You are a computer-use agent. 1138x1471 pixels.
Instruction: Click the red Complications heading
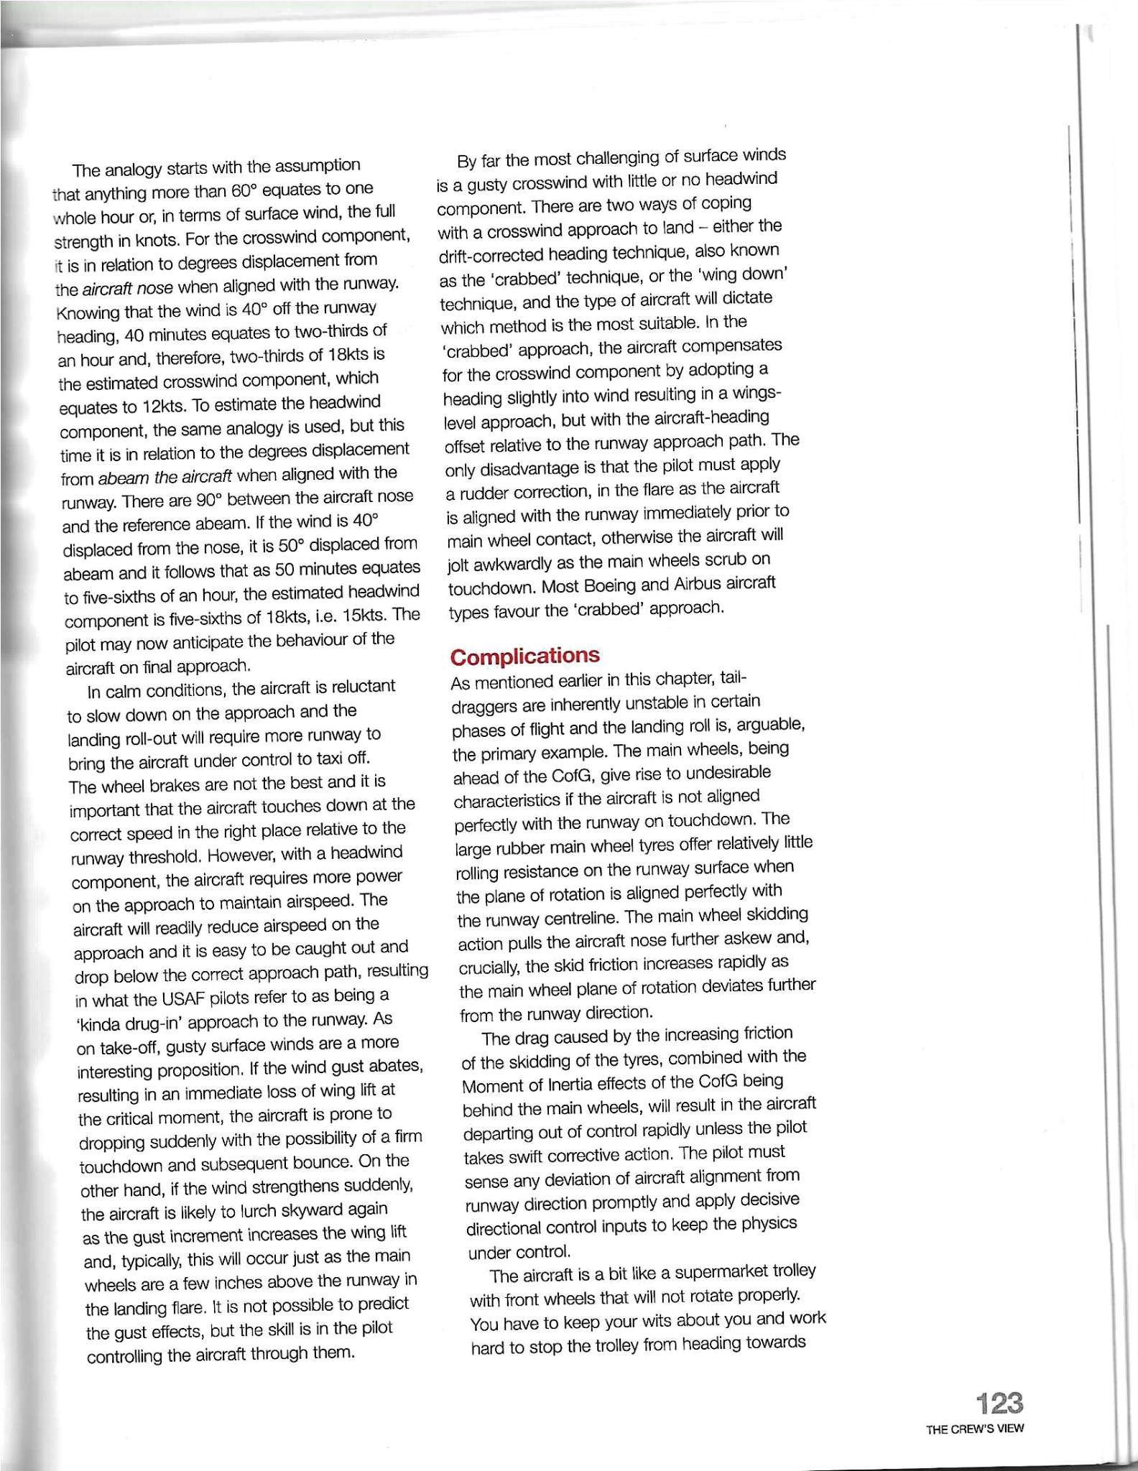tap(524, 656)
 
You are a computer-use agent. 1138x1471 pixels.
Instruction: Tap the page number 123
tap(999, 1403)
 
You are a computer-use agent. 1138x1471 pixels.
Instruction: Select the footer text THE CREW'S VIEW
tap(975, 1429)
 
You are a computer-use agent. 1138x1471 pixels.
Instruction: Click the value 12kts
tap(163, 406)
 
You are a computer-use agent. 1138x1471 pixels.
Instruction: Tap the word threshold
tap(157, 857)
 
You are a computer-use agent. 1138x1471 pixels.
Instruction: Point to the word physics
tap(768, 1223)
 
